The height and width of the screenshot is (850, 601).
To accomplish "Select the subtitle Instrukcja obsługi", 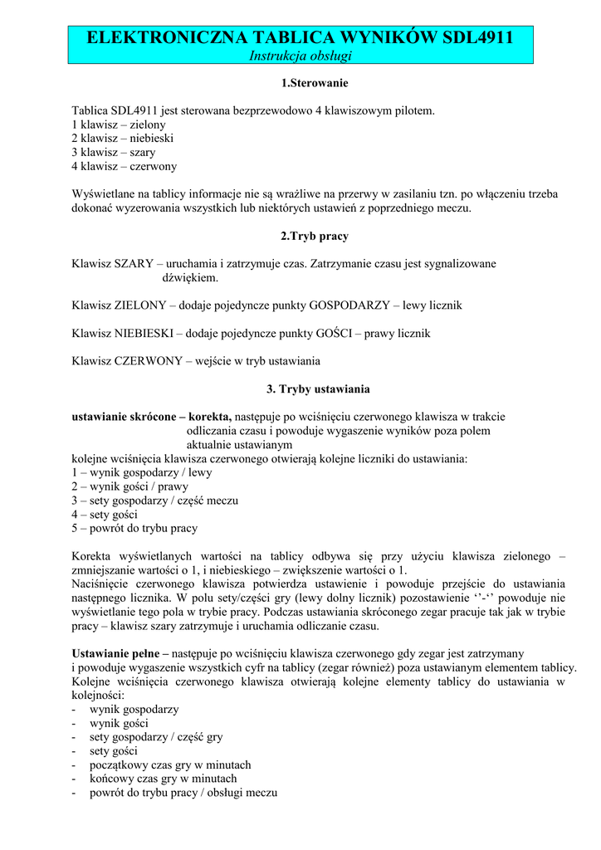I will coord(301,56).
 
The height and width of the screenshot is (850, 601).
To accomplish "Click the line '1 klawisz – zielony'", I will coord(119,124).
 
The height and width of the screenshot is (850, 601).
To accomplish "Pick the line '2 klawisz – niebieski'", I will coord(122,138).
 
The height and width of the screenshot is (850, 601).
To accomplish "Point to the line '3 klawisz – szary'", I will coord(114,152).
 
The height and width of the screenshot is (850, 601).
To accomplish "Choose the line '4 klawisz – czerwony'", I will coord(124,166).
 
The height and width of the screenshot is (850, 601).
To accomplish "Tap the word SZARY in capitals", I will coord(134,263).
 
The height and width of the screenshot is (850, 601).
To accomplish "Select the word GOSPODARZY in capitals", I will coord(349,305).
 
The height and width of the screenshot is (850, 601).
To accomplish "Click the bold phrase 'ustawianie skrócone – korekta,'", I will coord(152,417).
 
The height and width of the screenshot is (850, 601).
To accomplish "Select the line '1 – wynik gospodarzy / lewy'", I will coord(141,472).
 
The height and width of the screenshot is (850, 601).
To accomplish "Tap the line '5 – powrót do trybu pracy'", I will coord(134,528).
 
